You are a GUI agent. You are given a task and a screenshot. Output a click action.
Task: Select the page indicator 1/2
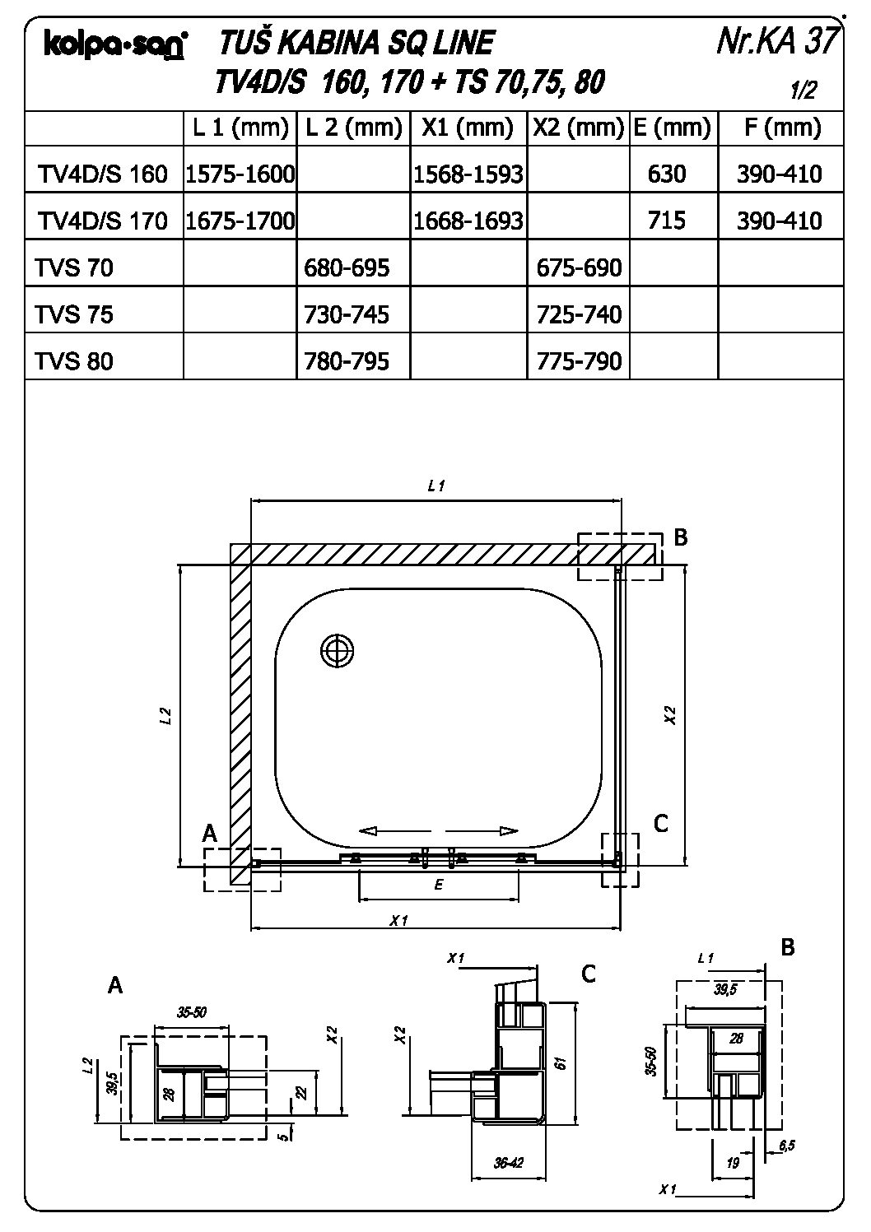tap(803, 91)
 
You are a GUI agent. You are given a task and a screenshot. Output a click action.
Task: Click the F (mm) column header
tap(781, 128)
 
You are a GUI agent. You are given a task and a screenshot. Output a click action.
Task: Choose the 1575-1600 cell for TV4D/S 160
tap(240, 174)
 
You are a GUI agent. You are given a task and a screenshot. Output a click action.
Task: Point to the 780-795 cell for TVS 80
tap(347, 361)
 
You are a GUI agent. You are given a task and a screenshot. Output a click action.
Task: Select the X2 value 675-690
tap(579, 267)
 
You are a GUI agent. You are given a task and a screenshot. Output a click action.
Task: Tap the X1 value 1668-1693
tap(468, 221)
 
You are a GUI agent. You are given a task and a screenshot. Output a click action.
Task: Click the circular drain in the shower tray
tap(337, 651)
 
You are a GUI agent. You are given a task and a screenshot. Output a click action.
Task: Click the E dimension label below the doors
tap(439, 886)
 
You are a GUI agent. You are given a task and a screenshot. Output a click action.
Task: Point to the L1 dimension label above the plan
tap(435, 486)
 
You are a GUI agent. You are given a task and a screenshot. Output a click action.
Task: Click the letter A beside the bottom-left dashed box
tap(210, 834)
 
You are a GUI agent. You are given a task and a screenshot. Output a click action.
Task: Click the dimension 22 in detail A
tap(300, 1092)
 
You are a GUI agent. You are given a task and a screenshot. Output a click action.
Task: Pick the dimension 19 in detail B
tap(734, 1163)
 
